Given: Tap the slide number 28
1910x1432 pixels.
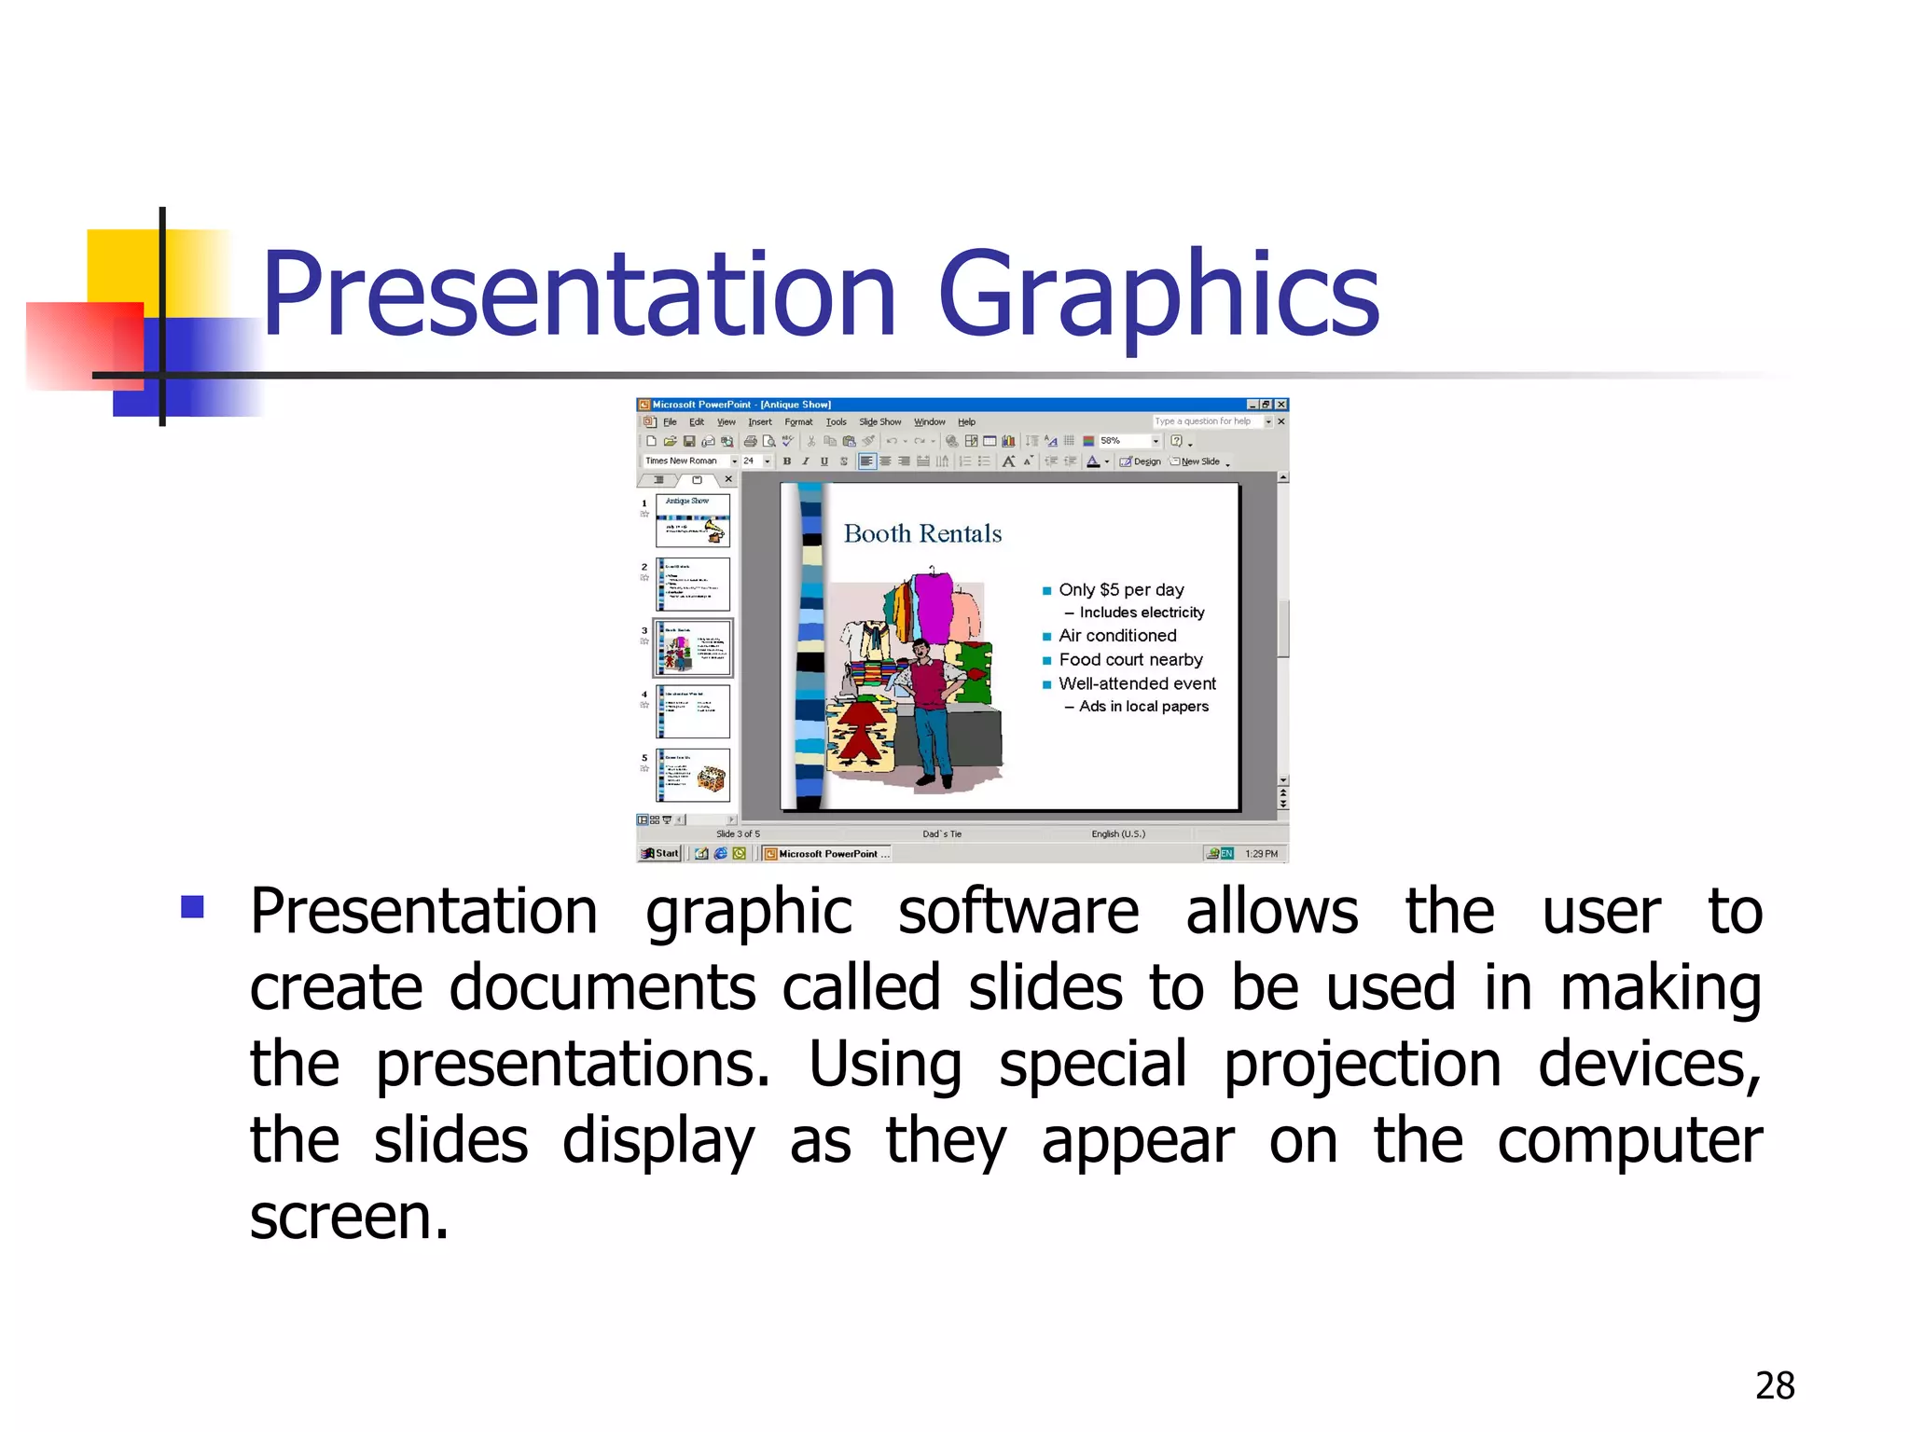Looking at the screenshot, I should coord(1774,1385).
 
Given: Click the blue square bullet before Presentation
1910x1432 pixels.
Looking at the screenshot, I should coord(193,907).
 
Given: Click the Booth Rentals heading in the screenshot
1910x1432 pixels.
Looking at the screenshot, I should coord(922,533).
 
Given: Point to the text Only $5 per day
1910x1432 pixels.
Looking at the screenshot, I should coord(1121,590).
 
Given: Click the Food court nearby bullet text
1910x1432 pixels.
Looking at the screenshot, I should coord(1130,660).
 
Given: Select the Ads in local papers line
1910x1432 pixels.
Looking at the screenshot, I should coord(1143,707).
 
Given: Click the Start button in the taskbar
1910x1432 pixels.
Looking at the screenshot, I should coord(660,853).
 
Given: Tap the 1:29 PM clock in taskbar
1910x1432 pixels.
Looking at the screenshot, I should coord(1261,853).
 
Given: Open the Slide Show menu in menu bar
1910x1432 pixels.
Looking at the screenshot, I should coord(879,422).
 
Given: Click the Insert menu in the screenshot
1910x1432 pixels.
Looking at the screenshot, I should coord(759,422).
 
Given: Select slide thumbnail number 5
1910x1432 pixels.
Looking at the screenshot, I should coord(693,776).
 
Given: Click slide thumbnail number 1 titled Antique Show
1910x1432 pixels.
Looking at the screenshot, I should coord(693,520).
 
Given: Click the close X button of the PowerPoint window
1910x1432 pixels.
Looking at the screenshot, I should coord(1281,405).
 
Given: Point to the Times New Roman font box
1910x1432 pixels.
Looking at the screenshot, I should coord(684,461).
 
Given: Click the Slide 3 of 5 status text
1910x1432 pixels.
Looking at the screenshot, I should coord(738,833).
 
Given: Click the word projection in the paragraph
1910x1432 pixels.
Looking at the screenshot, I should coord(1362,1064).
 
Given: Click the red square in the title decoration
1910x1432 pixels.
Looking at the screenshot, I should coord(84,345).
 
